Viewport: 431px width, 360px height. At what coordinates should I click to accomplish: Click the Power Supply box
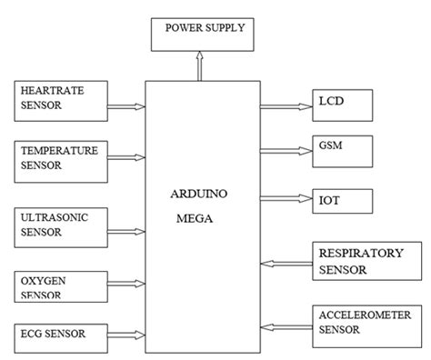tap(205, 35)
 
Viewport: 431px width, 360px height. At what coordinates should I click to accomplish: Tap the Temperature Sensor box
tap(61, 156)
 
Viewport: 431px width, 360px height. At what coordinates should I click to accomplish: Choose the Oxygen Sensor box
tap(61, 287)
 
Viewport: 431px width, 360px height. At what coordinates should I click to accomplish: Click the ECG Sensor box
tap(61, 335)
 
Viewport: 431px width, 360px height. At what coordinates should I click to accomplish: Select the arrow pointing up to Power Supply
tap(202, 65)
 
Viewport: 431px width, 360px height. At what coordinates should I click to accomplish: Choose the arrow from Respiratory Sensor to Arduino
tap(285, 265)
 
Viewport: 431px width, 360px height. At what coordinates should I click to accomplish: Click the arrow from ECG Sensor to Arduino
tap(127, 336)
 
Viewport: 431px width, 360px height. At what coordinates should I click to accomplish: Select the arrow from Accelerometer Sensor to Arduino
tap(285, 325)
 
